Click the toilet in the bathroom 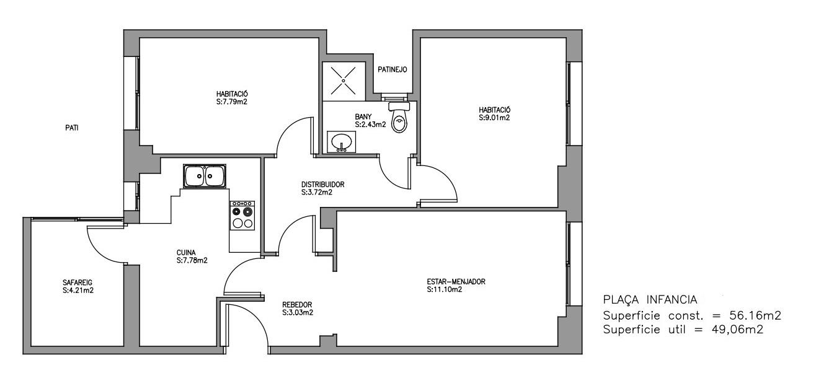click(x=399, y=116)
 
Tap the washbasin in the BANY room click(x=341, y=141)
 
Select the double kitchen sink click(x=205, y=176)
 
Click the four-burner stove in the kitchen click(x=242, y=215)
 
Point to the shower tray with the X click(x=344, y=81)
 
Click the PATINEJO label click(x=392, y=69)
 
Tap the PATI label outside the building click(x=72, y=128)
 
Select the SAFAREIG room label click(x=78, y=282)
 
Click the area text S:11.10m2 click(x=445, y=290)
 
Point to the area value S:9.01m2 click(x=494, y=118)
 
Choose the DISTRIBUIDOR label click(x=323, y=185)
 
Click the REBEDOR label click(x=297, y=305)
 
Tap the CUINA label click(x=186, y=253)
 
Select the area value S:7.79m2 click(x=232, y=102)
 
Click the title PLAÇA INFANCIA click(x=650, y=300)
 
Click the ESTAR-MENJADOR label click(x=456, y=282)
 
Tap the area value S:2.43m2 click(x=370, y=125)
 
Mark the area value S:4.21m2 click(x=78, y=291)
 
